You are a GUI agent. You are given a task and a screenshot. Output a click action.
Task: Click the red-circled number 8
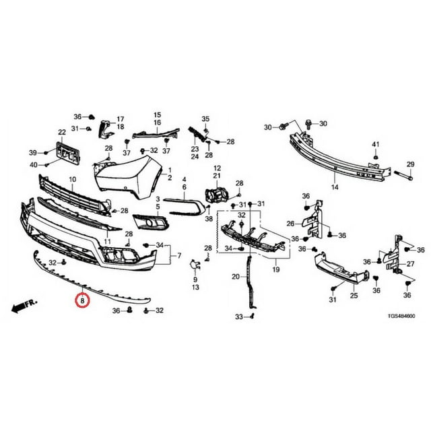pyautogui.click(x=82, y=302)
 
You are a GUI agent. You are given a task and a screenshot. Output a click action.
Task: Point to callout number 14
pyautogui.click(x=335, y=186)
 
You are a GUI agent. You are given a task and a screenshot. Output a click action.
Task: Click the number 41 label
pyautogui.click(x=376, y=144)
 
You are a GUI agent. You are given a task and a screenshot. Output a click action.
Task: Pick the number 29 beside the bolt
pyautogui.click(x=410, y=165)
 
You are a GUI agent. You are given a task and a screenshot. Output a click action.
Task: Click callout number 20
pyautogui.click(x=236, y=277)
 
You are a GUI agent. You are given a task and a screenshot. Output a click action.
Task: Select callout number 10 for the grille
pyautogui.click(x=72, y=180)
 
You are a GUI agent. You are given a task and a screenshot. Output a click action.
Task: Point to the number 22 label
pyautogui.click(x=61, y=132)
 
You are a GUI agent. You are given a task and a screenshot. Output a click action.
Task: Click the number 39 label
pyautogui.click(x=32, y=152)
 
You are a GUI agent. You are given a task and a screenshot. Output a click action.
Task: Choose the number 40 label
pyautogui.click(x=32, y=165)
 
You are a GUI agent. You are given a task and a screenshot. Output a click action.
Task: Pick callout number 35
pyautogui.click(x=206, y=119)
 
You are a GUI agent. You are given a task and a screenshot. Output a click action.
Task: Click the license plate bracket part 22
pyautogui.click(x=67, y=153)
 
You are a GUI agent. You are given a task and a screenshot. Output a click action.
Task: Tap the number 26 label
pyautogui.click(x=291, y=224)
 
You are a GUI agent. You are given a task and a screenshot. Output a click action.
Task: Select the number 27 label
pyautogui.click(x=410, y=264)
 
